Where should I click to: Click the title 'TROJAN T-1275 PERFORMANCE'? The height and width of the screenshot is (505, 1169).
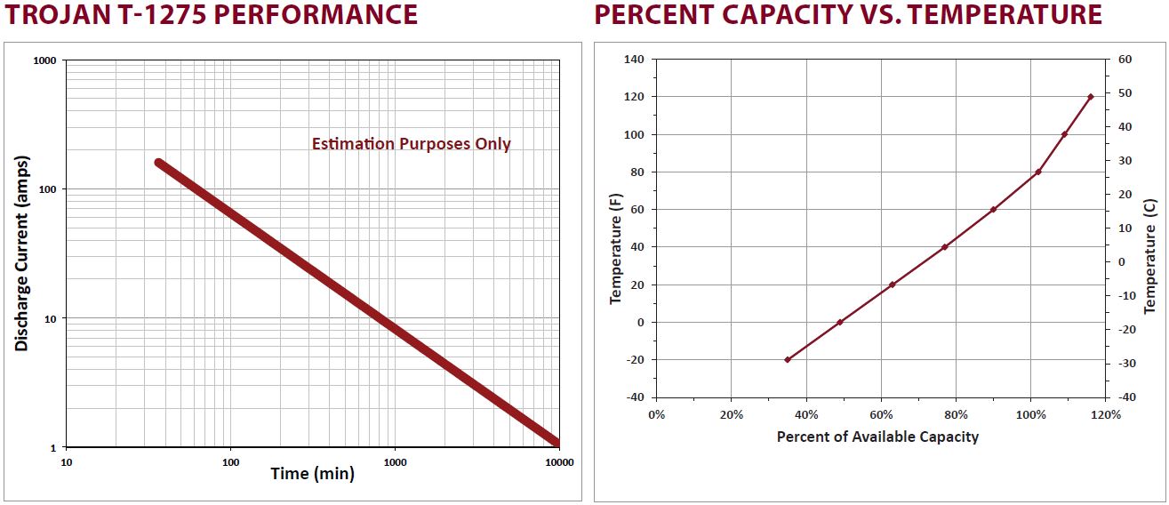pos(211,15)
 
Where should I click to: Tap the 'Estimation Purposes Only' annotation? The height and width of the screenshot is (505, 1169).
pos(411,144)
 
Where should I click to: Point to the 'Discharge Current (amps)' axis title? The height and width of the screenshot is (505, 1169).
pos(21,253)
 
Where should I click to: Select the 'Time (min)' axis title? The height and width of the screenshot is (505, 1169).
pos(312,474)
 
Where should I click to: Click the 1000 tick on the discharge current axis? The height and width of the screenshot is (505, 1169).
pos(44,60)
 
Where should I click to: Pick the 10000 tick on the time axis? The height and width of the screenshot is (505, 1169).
pos(558,462)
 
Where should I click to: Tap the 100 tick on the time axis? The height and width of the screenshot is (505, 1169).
pos(230,462)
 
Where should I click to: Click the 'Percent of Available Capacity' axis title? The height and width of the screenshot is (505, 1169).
pos(877,437)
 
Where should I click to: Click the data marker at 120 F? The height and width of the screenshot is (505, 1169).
pos(1090,97)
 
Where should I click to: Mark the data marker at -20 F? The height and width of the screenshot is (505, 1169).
pos(787,359)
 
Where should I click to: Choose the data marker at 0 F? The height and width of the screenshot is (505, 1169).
pos(839,322)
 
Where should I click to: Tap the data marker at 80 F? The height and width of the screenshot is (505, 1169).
pos(1037,172)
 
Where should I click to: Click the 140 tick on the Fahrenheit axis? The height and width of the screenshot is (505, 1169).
pos(634,60)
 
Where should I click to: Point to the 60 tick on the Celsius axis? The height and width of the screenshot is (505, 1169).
pos(1125,60)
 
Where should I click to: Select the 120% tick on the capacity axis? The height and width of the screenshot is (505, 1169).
pos(1105,414)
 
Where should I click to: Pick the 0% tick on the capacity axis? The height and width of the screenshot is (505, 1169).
pos(656,414)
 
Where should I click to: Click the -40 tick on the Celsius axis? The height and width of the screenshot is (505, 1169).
pos(1125,397)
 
